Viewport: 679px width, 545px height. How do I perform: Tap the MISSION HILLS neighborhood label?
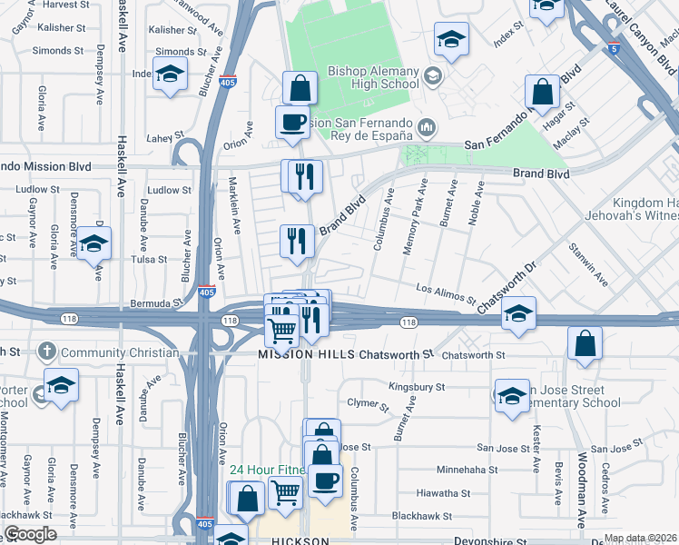[x=305, y=354]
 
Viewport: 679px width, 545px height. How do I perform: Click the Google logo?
[x=30, y=534]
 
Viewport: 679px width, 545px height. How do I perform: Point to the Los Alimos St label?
[x=446, y=292]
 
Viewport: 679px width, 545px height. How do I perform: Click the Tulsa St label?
[x=150, y=259]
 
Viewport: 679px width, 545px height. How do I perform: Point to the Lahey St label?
[x=159, y=138]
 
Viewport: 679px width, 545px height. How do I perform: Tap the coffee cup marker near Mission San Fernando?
[x=292, y=123]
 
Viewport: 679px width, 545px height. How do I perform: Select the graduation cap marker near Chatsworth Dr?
[x=517, y=315]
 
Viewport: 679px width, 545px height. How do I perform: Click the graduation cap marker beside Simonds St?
[x=170, y=75]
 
